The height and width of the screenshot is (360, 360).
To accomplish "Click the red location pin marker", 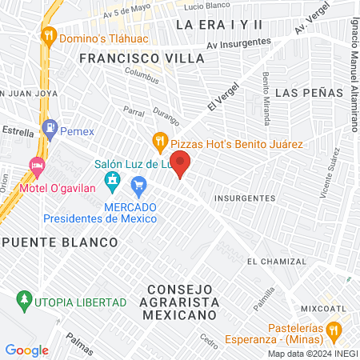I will (x=182, y=163).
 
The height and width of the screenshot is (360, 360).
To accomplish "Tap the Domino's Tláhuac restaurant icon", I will (x=49, y=35).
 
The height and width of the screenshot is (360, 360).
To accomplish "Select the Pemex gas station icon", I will (x=50, y=127).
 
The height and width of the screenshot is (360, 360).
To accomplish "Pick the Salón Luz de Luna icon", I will (x=113, y=179).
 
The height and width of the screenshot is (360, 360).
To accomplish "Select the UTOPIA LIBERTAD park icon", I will (x=24, y=301).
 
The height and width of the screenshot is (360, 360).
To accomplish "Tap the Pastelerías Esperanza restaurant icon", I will (x=335, y=330).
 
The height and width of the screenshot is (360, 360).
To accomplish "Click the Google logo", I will (x=26, y=350).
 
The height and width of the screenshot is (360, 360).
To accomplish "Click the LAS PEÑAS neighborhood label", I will (x=303, y=94).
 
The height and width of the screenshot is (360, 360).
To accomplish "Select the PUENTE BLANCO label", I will (x=60, y=241).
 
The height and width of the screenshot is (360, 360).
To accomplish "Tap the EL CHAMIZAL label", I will (x=277, y=262).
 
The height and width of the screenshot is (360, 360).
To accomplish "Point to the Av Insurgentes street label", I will (x=236, y=46).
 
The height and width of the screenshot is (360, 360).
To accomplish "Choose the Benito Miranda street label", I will (x=266, y=93).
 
